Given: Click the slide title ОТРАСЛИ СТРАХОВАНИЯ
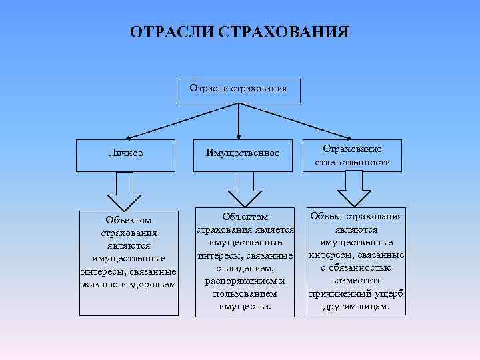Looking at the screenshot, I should [x=239, y=33].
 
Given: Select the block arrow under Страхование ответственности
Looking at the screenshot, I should [x=353, y=190].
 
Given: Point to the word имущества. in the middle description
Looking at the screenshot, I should [x=245, y=306].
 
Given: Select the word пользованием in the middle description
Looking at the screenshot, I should [x=245, y=293].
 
